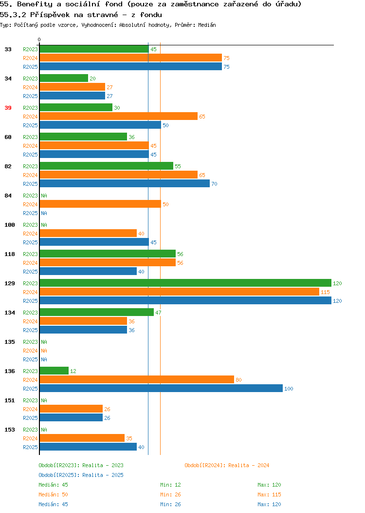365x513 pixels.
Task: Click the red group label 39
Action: (x=8, y=108)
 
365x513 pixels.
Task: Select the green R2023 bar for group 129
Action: (x=185, y=283)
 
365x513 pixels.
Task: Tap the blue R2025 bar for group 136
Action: (x=161, y=388)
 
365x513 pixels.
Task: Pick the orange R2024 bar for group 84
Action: (x=101, y=204)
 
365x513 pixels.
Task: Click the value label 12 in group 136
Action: (x=73, y=371)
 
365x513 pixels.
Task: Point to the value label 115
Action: (x=325, y=292)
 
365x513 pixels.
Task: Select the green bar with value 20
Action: (x=64, y=78)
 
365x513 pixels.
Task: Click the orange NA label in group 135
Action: (x=44, y=351)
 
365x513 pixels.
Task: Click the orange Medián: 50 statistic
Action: (x=53, y=494)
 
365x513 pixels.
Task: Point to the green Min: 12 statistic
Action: (x=170, y=485)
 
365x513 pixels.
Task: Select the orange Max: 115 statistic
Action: (x=269, y=494)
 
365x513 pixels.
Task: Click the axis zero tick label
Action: (x=39, y=39)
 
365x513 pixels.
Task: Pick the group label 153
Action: (x=9, y=430)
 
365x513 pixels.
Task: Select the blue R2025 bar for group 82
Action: (x=125, y=183)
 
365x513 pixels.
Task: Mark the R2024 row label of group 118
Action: (x=30, y=263)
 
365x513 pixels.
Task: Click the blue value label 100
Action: (x=289, y=389)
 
